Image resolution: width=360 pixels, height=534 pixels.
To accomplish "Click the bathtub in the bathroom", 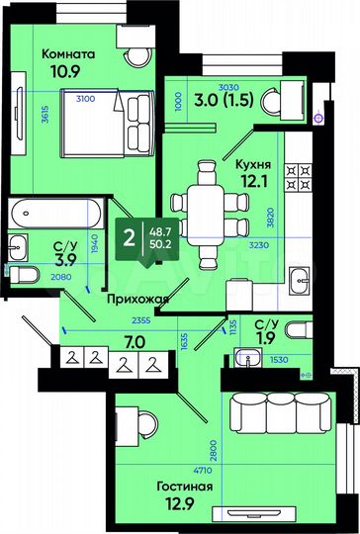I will tap(55, 215).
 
